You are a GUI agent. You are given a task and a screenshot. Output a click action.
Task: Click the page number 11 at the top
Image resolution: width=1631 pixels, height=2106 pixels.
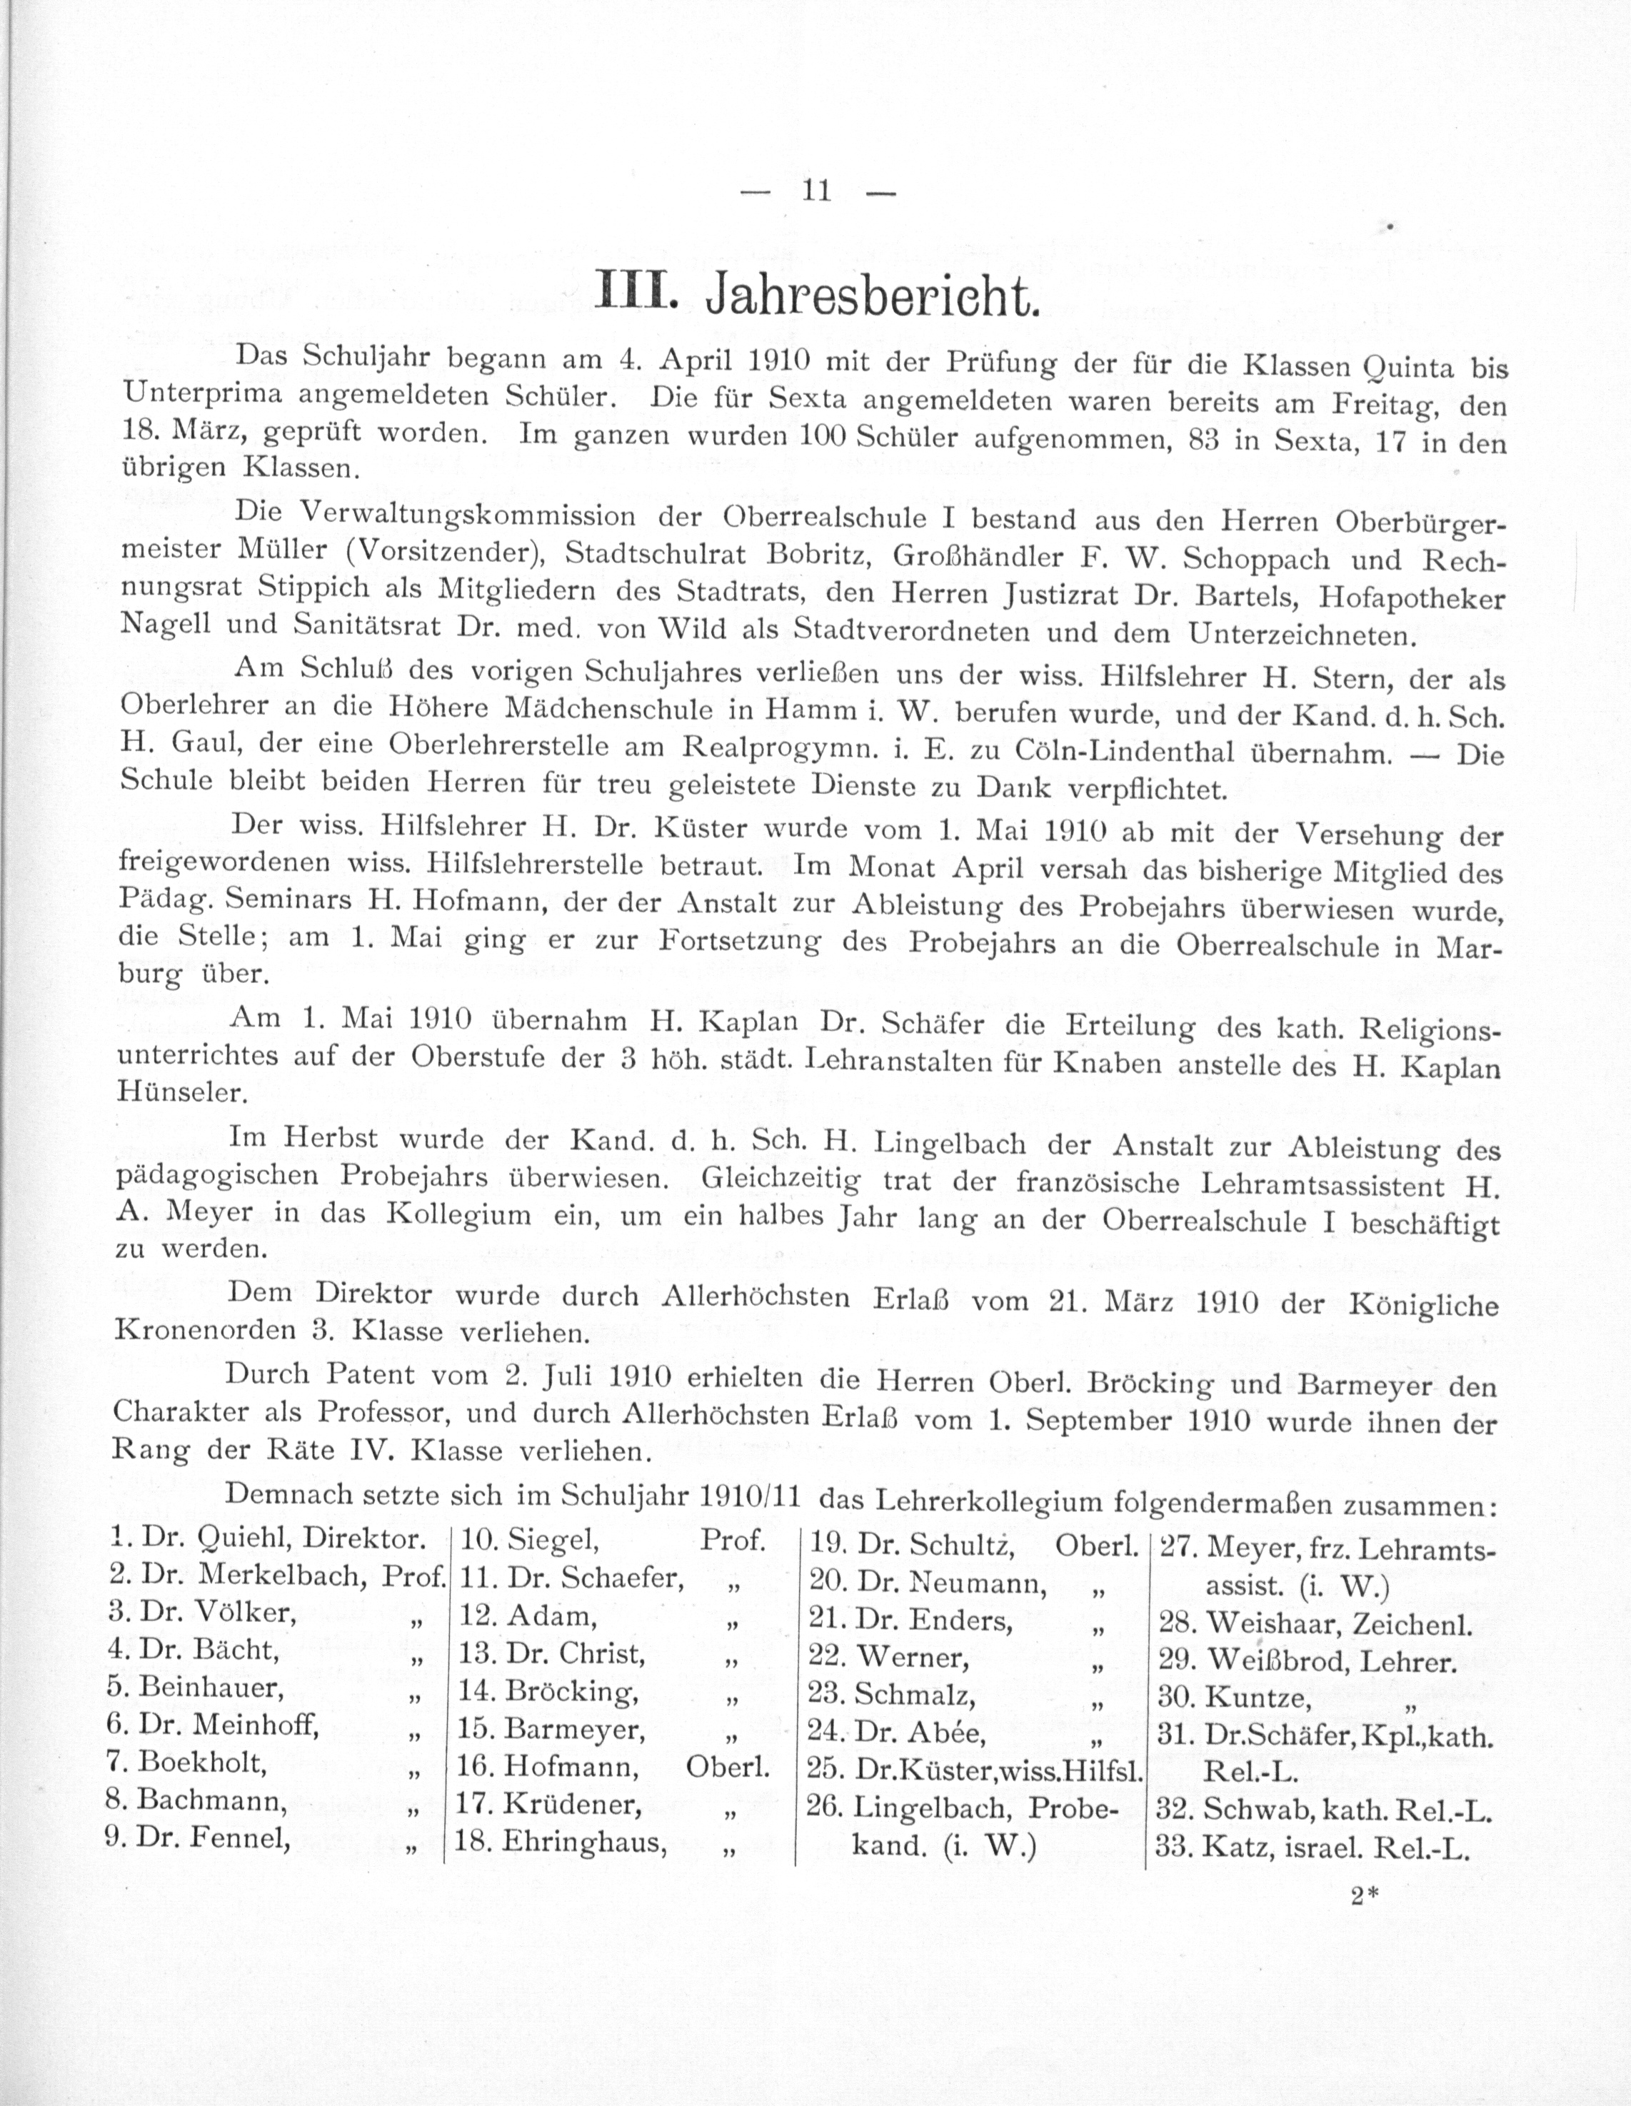click(816, 191)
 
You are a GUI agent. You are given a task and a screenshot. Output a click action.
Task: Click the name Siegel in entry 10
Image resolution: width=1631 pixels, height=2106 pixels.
click(552, 1541)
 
